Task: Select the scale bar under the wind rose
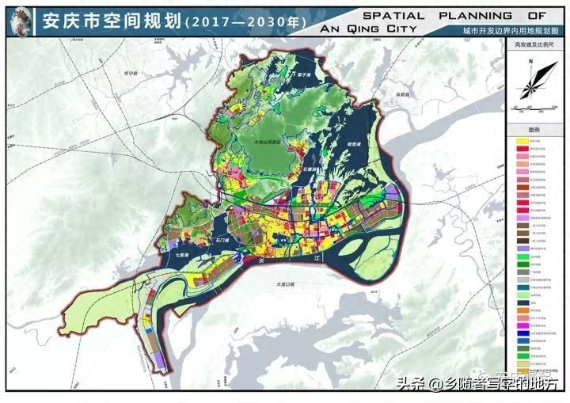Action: pos(533,105)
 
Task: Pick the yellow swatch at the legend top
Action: pos(522,140)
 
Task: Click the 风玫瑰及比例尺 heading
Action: pos(534,45)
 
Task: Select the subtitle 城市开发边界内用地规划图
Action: pos(498,30)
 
